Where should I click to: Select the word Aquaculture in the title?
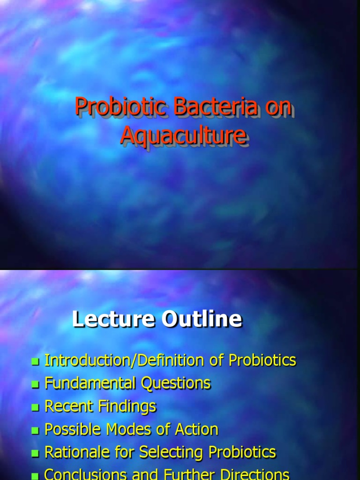click(183, 135)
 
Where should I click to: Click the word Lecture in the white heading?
click(113, 319)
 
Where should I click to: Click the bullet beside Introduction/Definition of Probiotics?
click(35, 361)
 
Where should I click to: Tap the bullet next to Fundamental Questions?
click(35, 384)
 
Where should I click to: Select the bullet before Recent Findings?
click(35, 407)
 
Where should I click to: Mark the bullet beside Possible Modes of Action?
click(35, 430)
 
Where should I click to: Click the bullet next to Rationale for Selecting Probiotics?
click(35, 453)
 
